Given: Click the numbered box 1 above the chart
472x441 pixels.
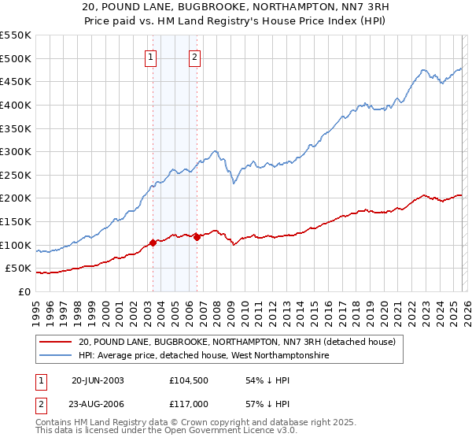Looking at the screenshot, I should (x=150, y=56).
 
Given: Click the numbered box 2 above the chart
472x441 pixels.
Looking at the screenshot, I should (x=194, y=56).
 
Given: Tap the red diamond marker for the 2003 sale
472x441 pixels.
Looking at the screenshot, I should (x=153, y=243).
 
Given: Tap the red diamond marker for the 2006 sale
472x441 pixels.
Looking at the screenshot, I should (x=197, y=237).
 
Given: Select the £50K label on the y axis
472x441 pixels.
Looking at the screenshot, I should (x=18, y=269).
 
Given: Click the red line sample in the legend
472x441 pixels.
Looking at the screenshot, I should (x=56, y=342).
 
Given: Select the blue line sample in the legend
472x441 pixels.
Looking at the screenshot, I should (x=56, y=356).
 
